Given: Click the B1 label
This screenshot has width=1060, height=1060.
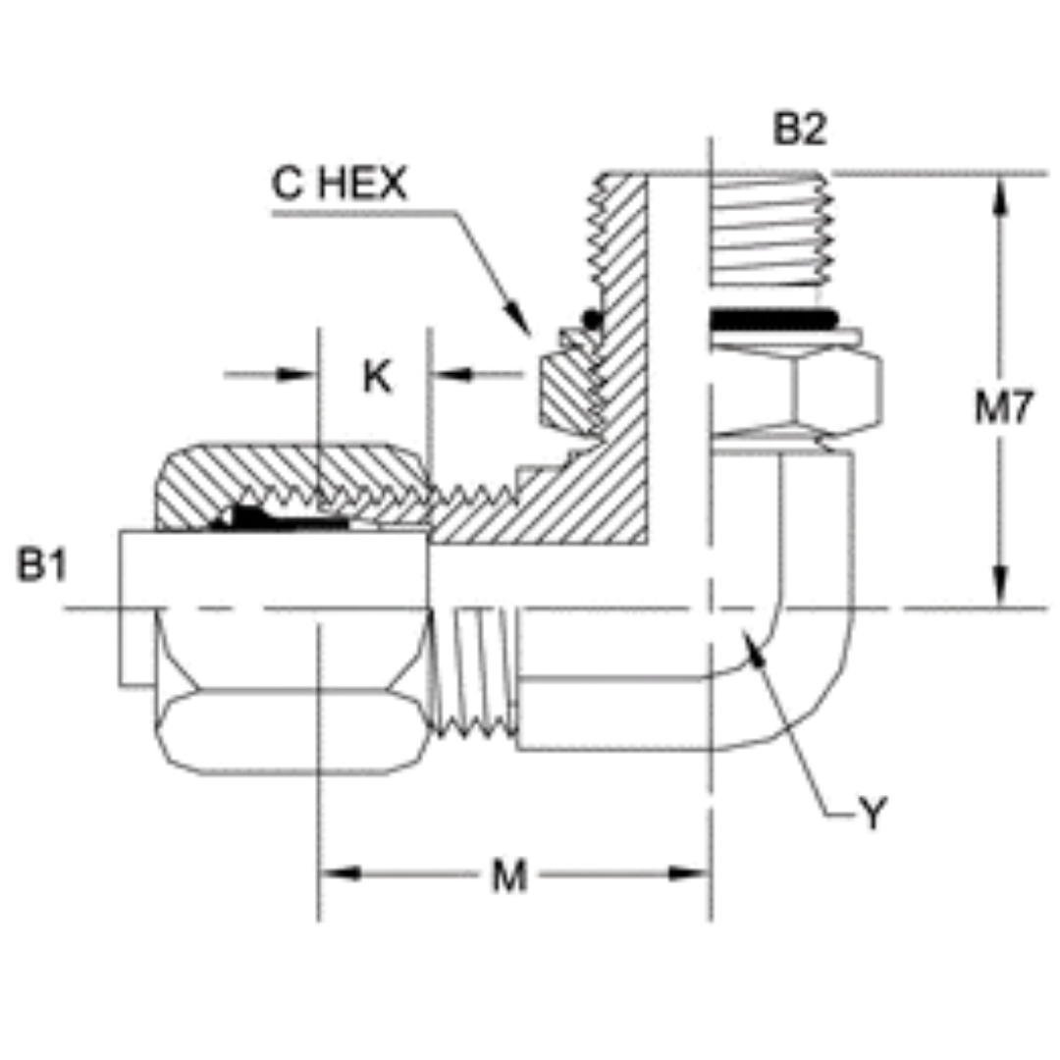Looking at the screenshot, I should pyautogui.click(x=41, y=566).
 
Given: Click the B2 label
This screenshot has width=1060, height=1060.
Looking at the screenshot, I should pyautogui.click(x=799, y=131).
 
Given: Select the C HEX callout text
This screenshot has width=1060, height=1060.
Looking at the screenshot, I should pyautogui.click(x=339, y=185).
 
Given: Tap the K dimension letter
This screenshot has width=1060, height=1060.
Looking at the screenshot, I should pyautogui.click(x=377, y=376).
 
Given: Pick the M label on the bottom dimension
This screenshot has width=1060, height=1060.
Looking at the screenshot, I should pyautogui.click(x=509, y=876).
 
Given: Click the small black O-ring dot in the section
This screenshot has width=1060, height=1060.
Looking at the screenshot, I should pyautogui.click(x=589, y=319).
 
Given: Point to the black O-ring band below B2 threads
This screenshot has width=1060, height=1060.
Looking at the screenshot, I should pyautogui.click(x=773, y=319).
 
